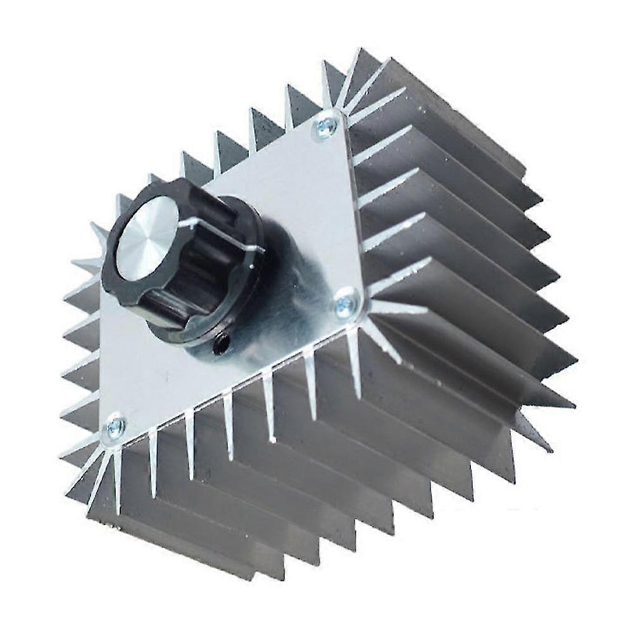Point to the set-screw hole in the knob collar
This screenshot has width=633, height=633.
[x=222, y=344]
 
